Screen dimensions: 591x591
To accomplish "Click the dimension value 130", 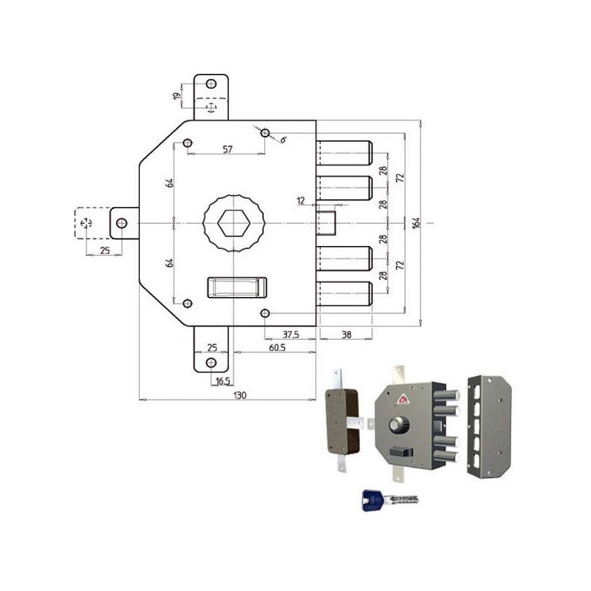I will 239,395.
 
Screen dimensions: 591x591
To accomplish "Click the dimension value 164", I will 416,222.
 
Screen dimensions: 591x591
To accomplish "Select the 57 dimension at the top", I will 227,149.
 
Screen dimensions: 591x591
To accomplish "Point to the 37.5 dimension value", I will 290,334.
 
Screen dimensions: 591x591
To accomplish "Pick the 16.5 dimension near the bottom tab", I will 222,381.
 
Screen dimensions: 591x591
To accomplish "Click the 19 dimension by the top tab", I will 177,96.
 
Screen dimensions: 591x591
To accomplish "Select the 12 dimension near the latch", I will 301,201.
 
